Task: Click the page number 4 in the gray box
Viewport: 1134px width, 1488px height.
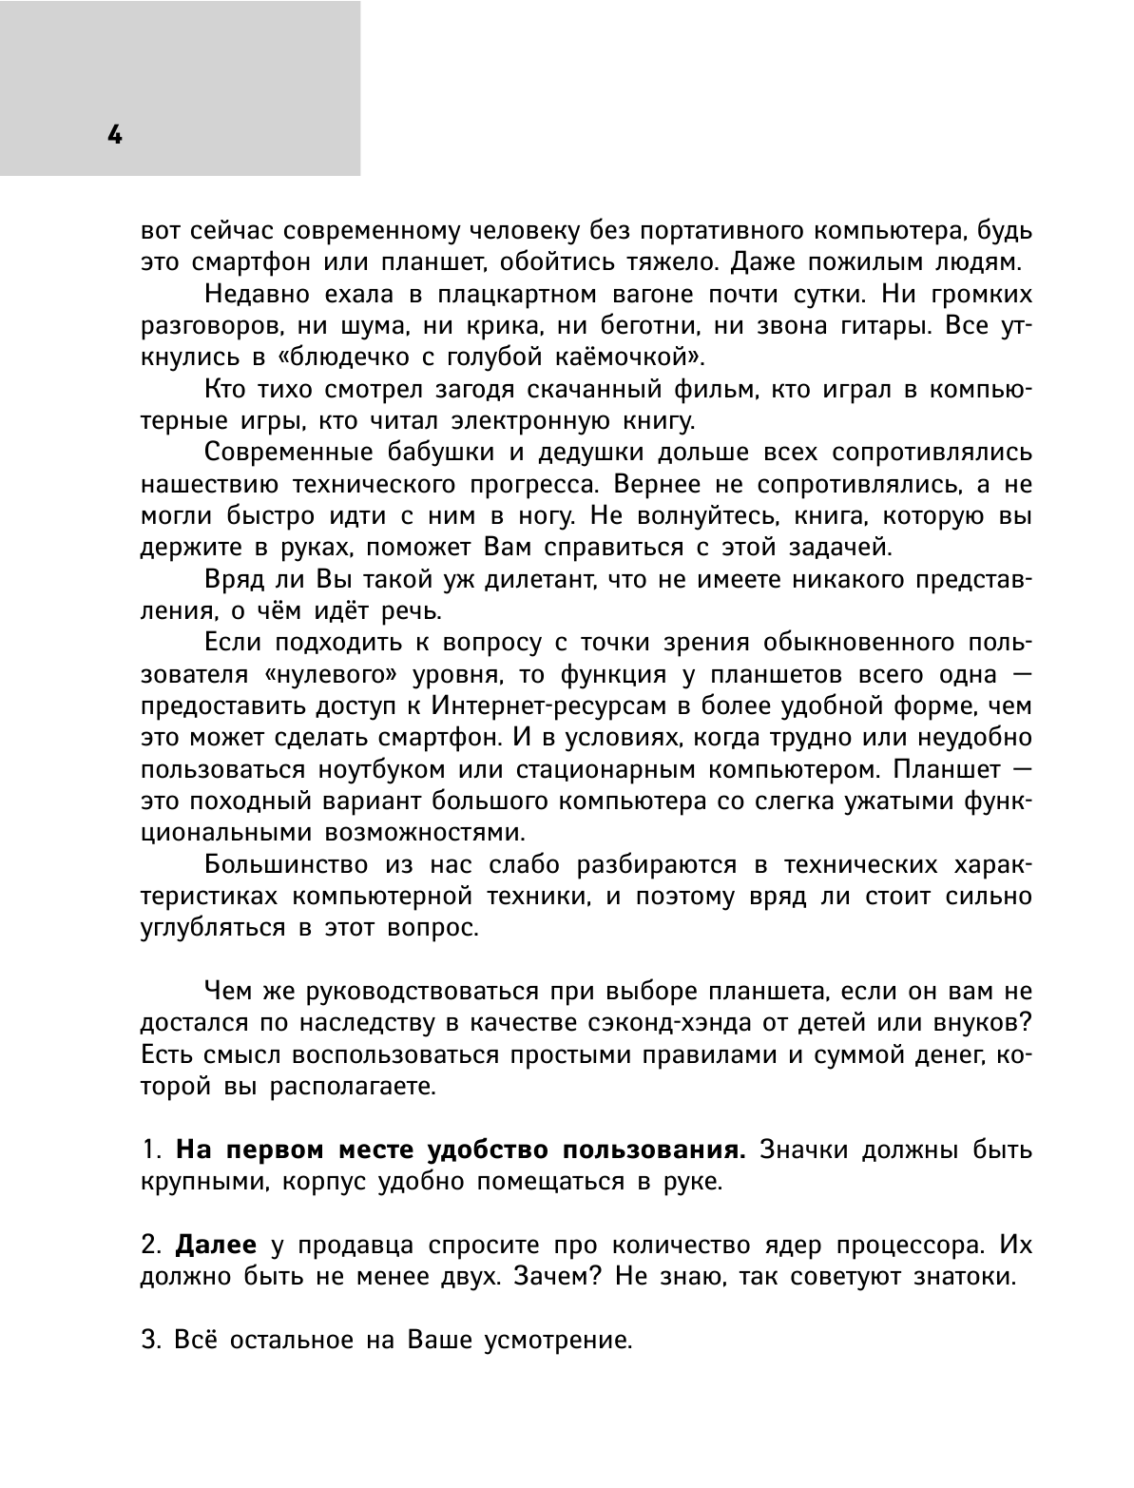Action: [x=114, y=135]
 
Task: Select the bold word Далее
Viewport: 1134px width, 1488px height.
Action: [x=217, y=1246]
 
